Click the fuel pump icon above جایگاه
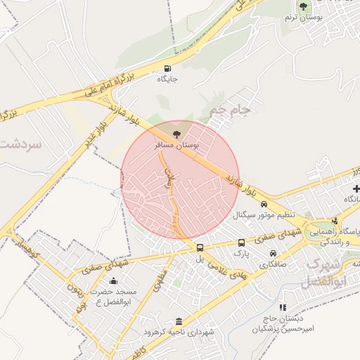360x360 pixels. click(x=167, y=68)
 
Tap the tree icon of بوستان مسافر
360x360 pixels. click(x=176, y=133)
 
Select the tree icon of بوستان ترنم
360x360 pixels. click(x=303, y=7)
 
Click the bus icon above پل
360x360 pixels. click(x=200, y=247)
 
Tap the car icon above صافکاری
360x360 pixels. click(x=273, y=255)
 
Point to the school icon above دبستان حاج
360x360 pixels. click(x=282, y=307)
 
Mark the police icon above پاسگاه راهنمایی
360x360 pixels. click(x=335, y=221)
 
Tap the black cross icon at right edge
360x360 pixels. click(x=356, y=188)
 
